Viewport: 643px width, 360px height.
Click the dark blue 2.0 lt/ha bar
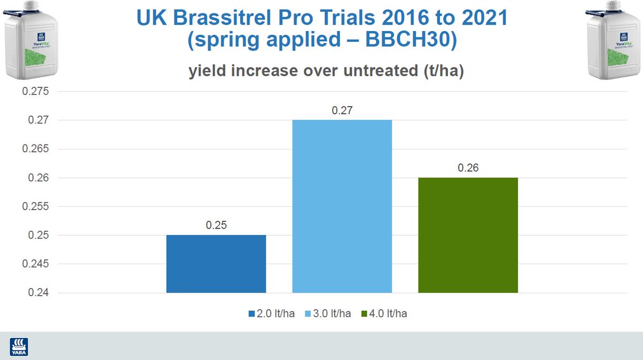pyautogui.click(x=216, y=264)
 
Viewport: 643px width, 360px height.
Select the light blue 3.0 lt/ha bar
pyautogui.click(x=342, y=206)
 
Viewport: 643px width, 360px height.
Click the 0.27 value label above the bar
pyautogui.click(x=342, y=111)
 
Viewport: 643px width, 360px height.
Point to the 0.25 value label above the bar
pyautogui.click(x=216, y=225)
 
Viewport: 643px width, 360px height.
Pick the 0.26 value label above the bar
pyautogui.click(x=468, y=168)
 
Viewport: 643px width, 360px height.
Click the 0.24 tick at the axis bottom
pyautogui.click(x=38, y=293)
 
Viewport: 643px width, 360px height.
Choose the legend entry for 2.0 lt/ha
pyautogui.click(x=267, y=313)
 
